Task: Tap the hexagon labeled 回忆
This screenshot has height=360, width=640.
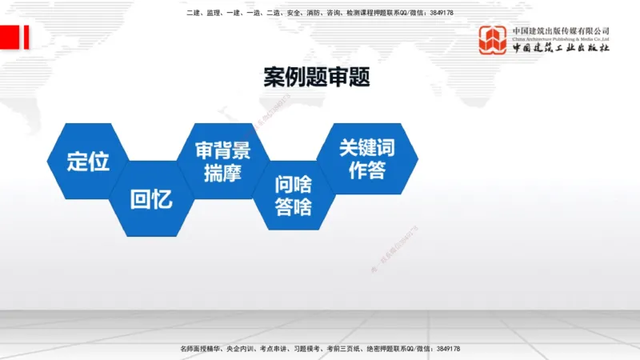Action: click(x=151, y=199)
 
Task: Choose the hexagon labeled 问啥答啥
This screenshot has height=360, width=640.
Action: click(x=294, y=196)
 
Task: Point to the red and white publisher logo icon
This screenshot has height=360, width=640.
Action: click(x=494, y=40)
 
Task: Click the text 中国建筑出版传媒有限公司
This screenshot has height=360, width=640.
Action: click(x=561, y=30)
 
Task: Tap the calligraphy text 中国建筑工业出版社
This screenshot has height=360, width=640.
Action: click(x=561, y=48)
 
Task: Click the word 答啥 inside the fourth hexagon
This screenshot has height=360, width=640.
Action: click(x=294, y=207)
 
